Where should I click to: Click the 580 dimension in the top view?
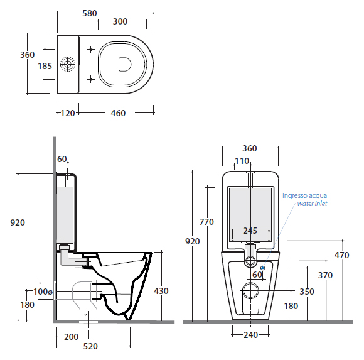[x=90, y=13]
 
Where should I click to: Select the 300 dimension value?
[x=120, y=21]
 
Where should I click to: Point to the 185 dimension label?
[x=45, y=66]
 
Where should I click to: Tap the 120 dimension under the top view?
[x=68, y=113]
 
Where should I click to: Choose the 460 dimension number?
[x=118, y=113]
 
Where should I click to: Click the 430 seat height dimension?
[x=161, y=291]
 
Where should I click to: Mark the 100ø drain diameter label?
[x=43, y=292]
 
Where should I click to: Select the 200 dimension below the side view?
[x=72, y=337]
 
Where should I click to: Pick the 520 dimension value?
[x=90, y=346]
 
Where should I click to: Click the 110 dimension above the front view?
[x=242, y=161]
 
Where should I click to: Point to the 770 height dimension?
[x=206, y=222]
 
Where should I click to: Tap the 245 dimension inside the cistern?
[x=250, y=231]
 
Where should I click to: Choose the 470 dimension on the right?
[x=341, y=255]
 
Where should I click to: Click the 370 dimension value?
[x=325, y=275]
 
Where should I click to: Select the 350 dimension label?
[x=307, y=292]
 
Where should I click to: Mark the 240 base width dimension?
[x=250, y=335]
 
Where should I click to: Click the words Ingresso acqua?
[x=304, y=195]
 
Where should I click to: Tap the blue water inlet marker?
[x=263, y=268]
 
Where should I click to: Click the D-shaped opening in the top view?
[x=125, y=64]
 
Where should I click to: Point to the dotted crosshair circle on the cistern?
[x=68, y=64]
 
